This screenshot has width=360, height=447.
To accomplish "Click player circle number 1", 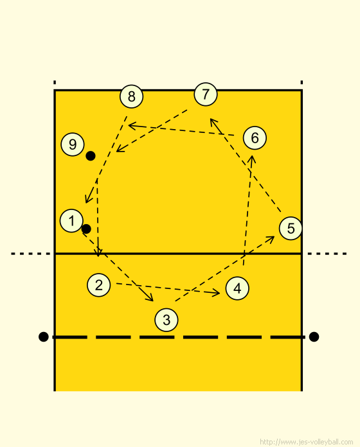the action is pos(71,221).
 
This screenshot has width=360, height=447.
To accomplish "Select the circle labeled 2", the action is pos(99,285).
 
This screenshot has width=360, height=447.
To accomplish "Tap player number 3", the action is pos(166,320).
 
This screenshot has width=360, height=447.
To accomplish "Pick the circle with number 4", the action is pos(237,288).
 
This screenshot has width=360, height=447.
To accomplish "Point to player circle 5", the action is pos(291,228).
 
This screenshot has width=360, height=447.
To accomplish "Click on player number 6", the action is pos(255,137).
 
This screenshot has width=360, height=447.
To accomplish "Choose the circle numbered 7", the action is pos(205,94).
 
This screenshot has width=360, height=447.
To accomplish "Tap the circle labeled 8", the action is pos(132,96).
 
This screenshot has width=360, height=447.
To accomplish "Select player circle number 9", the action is pos(73,145).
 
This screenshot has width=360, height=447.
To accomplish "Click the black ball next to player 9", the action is pos(91,155).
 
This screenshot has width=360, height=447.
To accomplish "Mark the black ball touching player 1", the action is pos(86,229).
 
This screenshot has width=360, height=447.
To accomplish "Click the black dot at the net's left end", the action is pos(43,337).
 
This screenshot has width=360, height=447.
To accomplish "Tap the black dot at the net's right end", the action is pos(314,337).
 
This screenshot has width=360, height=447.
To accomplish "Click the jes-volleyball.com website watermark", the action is pos(307,442).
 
